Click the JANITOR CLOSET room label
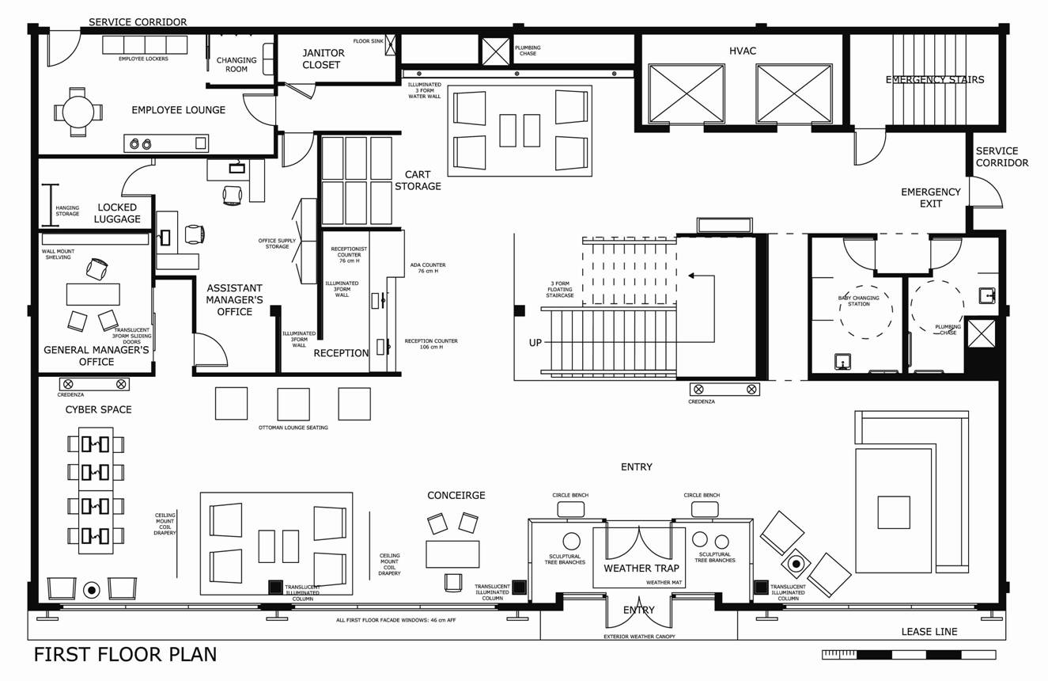323,59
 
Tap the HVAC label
743,51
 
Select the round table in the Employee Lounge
78,112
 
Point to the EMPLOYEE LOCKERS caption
143,59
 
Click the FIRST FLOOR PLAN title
126,654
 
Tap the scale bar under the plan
909,654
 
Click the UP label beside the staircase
535,343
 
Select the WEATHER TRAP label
641,568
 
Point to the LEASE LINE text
929,631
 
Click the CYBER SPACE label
98,409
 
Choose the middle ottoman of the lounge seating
293,404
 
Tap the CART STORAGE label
418,181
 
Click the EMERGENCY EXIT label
931,198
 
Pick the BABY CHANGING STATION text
858,301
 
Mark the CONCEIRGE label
456,495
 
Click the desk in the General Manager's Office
93,294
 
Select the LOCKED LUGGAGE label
117,213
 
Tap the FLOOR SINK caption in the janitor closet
369,41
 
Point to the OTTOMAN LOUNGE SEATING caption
293,428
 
